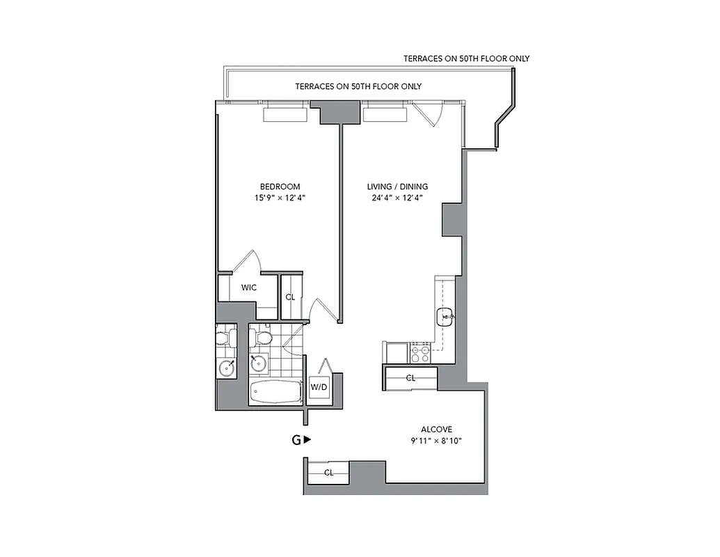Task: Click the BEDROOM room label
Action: tap(280, 187)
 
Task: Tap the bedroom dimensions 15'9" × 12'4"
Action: tap(280, 198)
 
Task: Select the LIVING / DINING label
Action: tap(397, 187)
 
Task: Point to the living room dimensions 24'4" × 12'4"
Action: tap(397, 198)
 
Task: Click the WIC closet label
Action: tap(249, 288)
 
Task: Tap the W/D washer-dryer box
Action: tap(319, 386)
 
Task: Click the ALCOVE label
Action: tap(436, 430)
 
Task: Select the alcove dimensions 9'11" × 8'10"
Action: tap(436, 441)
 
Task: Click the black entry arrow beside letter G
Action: tap(307, 440)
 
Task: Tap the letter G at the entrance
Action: tap(296, 440)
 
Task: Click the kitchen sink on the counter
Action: tap(445, 317)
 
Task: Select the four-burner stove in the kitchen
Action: tap(420, 354)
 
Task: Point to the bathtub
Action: tap(275, 392)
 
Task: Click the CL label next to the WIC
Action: tap(290, 297)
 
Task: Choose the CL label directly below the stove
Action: tap(410, 378)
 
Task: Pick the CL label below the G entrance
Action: tap(328, 473)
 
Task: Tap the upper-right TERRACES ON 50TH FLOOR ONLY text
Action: tap(466, 58)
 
